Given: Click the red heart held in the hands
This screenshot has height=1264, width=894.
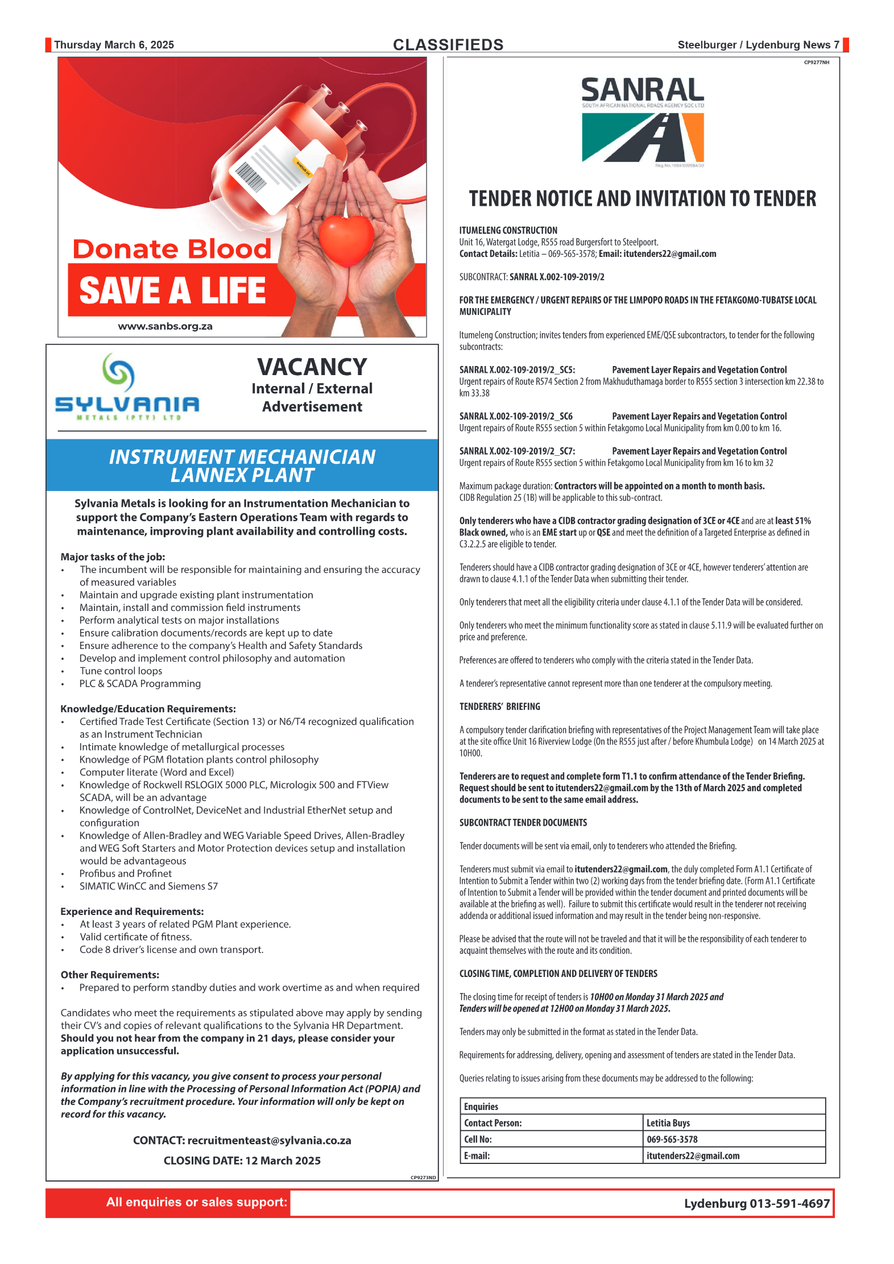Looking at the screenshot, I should (346, 239).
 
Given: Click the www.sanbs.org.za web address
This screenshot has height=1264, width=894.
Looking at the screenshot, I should (165, 327).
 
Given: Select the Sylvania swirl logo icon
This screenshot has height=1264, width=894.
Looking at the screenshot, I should (118, 372).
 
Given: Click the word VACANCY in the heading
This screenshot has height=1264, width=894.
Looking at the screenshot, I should (312, 367).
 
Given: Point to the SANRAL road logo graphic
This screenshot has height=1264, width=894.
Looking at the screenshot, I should (643, 138).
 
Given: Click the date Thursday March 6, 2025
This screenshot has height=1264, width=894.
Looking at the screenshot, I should (114, 45).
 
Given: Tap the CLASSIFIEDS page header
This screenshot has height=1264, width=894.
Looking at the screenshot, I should (448, 45).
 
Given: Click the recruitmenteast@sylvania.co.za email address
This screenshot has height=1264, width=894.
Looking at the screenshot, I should (269, 1141).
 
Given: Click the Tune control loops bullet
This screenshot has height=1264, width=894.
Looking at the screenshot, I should (121, 671).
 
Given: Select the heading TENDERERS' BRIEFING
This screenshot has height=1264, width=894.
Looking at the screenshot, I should (500, 706).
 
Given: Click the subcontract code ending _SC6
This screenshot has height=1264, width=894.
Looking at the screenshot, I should (516, 417).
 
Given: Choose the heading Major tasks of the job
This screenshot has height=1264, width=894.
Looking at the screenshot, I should (113, 557).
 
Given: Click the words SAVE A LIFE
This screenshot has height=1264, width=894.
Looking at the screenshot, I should (172, 290).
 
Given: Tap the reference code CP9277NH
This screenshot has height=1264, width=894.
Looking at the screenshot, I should (816, 63).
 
